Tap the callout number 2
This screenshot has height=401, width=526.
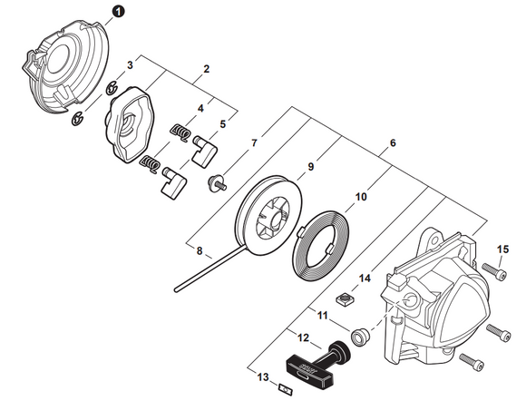pyautogui.click(x=207, y=69)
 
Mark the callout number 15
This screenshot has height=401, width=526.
pyautogui.click(x=502, y=249)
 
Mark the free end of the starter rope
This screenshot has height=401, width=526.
pyautogui.click(x=172, y=290)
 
